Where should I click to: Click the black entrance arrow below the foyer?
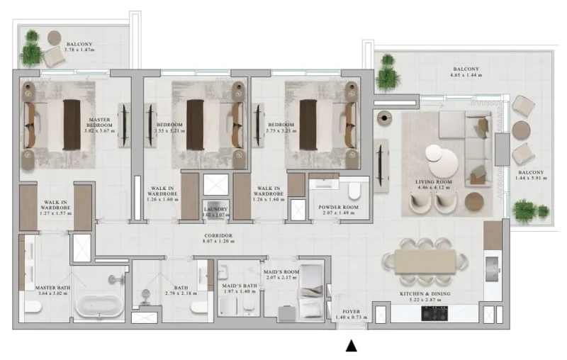point(351,346)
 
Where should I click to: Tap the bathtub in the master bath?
point(100,305)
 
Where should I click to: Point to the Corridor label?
point(218,235)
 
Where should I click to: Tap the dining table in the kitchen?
point(426,261)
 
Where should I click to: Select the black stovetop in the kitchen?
point(433,313)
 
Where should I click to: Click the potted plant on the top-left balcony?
point(31,50)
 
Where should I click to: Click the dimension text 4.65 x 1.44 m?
point(466,74)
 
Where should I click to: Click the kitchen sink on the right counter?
point(492,266)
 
